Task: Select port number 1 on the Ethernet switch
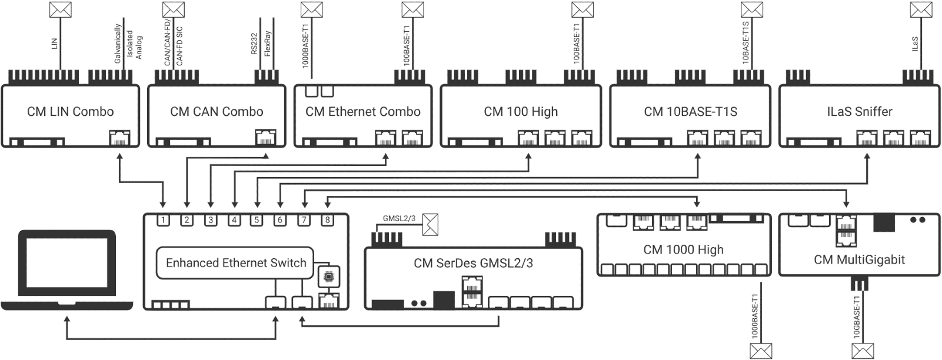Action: coord(164,221)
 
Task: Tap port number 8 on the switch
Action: coord(327,221)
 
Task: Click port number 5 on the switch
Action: coord(257,221)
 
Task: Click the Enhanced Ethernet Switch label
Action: coord(236,263)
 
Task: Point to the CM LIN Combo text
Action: coord(70,112)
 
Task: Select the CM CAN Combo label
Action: coord(217,112)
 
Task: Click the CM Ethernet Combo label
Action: coord(362,112)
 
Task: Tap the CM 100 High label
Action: coord(521,112)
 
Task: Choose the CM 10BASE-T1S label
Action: coord(690,112)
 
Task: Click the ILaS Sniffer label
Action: coord(859,112)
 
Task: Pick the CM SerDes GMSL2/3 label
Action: coord(473,263)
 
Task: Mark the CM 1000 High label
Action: coord(683,249)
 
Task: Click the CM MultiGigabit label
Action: coord(859,259)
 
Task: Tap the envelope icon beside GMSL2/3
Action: coord(431,225)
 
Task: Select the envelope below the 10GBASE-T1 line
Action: coord(863,351)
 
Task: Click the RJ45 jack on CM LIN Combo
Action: coord(120,138)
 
